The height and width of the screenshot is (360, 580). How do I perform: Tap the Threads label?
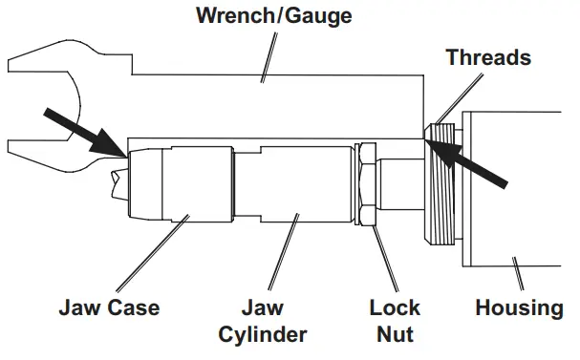pyautogui.click(x=488, y=57)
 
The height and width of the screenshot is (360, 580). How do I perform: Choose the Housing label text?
pyautogui.click(x=520, y=308)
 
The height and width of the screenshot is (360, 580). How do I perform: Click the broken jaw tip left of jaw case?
pyautogui.click(x=118, y=183)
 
